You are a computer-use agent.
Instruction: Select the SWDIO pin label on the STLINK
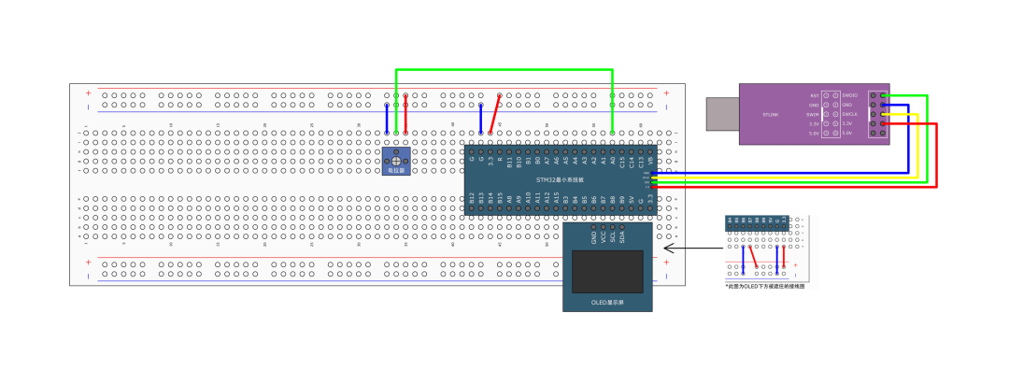(849, 95)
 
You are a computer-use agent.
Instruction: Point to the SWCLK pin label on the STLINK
(849, 114)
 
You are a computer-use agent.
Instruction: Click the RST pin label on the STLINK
(815, 95)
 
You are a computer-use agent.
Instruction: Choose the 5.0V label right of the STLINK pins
(847, 133)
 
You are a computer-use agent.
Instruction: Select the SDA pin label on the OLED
(622, 236)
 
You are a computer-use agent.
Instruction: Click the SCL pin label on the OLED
(613, 236)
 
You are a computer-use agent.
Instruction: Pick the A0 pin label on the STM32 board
(613, 161)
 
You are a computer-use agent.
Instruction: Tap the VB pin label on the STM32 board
(650, 161)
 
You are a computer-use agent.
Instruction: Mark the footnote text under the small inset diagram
(765, 286)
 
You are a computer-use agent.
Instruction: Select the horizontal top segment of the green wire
(504, 69)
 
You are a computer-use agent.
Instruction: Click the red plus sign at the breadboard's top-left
(89, 93)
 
